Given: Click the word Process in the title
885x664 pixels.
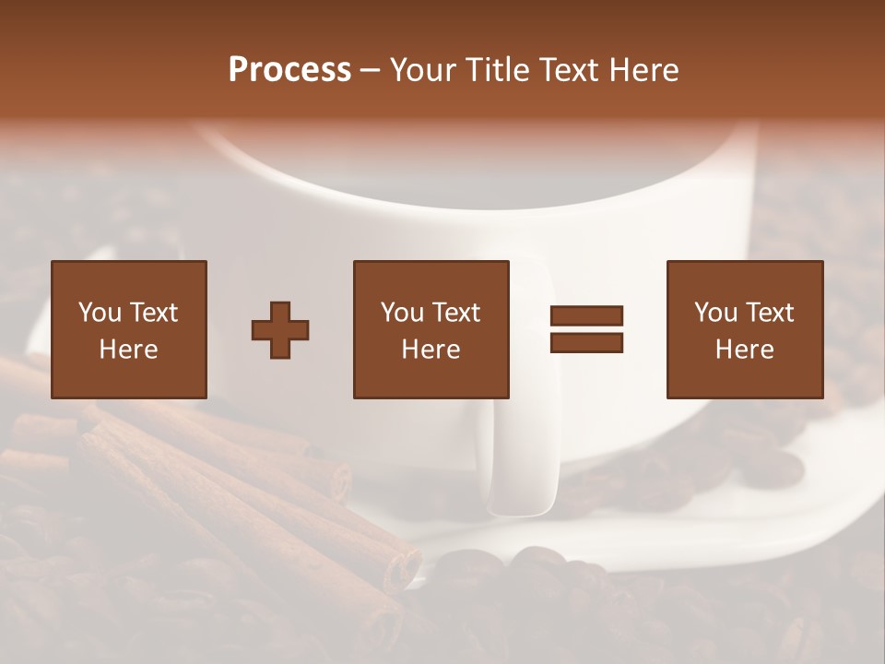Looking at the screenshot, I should [x=289, y=70].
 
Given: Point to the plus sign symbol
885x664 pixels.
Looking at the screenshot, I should [x=280, y=329].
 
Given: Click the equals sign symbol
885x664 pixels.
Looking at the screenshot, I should [x=586, y=329].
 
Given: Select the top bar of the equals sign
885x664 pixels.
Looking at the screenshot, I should [x=586, y=315].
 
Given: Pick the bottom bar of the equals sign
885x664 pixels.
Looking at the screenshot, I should [x=586, y=342].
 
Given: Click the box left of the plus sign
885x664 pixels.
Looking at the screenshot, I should [x=128, y=329].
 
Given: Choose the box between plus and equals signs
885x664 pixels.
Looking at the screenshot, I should [x=431, y=329].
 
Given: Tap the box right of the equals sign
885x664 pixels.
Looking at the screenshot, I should [x=744, y=329].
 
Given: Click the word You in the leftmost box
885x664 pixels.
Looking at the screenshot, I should [x=100, y=313].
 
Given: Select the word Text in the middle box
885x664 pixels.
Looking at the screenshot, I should [x=457, y=313].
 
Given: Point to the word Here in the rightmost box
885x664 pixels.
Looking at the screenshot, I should [x=744, y=350].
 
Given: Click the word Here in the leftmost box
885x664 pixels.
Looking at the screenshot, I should [x=128, y=350].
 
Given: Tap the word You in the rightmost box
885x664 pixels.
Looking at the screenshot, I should [x=715, y=313].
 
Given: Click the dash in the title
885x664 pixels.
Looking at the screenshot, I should [x=370, y=70].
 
